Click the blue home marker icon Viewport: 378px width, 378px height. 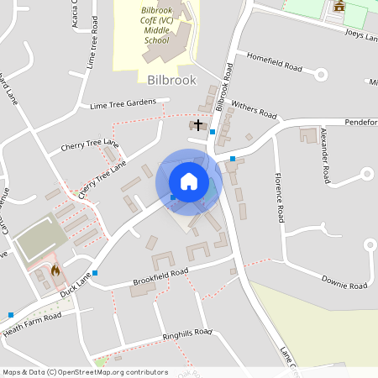[x=189, y=181]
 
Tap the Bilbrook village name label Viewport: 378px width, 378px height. [x=171, y=81]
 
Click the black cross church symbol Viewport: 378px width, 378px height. [x=198, y=124]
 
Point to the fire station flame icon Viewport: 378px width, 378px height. [x=55, y=270]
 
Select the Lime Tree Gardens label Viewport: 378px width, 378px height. [x=123, y=104]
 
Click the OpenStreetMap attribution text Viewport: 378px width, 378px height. [x=84, y=372]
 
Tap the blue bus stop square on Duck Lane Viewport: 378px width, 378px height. [x=95, y=273]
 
